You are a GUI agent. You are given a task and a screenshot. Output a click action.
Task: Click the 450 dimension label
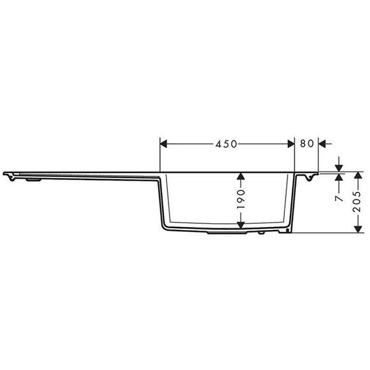[x=226, y=144]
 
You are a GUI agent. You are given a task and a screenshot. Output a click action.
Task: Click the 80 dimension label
[x=306, y=144]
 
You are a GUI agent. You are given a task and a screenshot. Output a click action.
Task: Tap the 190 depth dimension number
[x=241, y=199]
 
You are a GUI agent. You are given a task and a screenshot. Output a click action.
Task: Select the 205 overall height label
[x=358, y=201]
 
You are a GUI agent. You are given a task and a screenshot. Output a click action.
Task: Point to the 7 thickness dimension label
[x=339, y=198]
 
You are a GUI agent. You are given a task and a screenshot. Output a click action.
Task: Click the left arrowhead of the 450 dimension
[x=163, y=144]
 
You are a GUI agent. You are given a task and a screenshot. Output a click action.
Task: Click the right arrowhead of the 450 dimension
[x=291, y=144]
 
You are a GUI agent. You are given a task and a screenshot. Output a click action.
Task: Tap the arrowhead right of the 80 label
[x=322, y=144]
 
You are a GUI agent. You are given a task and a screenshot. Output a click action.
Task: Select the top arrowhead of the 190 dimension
[x=240, y=176]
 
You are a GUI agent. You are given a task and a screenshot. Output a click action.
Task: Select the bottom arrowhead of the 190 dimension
[x=240, y=225]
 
